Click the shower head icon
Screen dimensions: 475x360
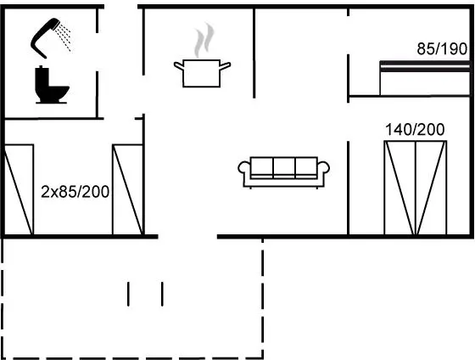pos(42,37)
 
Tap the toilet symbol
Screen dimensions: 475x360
pos(51,85)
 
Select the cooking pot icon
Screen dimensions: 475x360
pos(202,73)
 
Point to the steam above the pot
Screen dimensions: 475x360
pos(204,39)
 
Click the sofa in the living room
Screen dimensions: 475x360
pos(284,172)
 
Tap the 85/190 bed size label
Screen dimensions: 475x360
pos(442,49)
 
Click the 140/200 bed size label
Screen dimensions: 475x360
pos(415,130)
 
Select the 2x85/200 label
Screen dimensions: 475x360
pos(75,192)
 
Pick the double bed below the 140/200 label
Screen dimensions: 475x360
pos(416,188)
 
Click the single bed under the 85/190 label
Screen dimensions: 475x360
pos(425,78)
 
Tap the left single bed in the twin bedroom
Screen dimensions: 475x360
pos(19,189)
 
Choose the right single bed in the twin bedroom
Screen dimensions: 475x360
pos(127,189)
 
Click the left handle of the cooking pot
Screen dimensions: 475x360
pos(178,66)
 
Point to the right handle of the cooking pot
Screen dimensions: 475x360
pos(225,66)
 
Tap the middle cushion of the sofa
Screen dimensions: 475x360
pos(284,166)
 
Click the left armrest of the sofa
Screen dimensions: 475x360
pos(244,168)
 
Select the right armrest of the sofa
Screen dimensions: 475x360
pos(323,168)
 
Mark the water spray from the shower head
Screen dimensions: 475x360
pos(64,37)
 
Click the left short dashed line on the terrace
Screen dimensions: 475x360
pos(128,294)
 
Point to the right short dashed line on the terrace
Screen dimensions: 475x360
pos(162,294)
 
